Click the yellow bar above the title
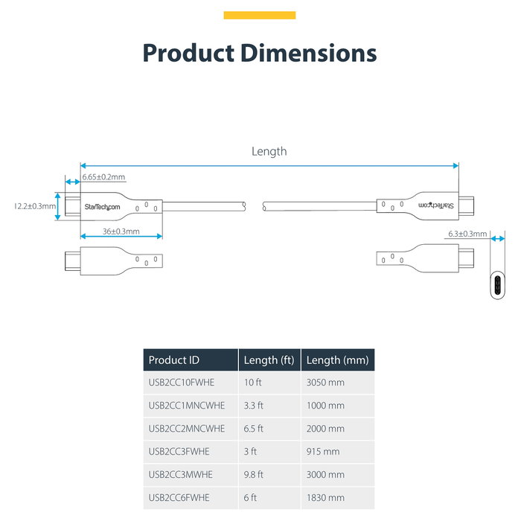click(260, 16)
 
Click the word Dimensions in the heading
click(308, 53)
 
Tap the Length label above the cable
click(269, 152)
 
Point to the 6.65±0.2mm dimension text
click(103, 177)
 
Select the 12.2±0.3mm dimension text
click(35, 206)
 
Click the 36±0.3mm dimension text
click(121, 231)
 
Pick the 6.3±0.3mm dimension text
click(467, 234)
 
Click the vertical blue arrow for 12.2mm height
click(57, 206)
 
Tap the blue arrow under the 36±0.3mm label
click(121, 236)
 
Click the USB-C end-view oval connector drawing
click(497, 285)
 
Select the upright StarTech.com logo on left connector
click(102, 207)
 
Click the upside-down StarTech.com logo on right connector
click(436, 205)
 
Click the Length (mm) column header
click(338, 359)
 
